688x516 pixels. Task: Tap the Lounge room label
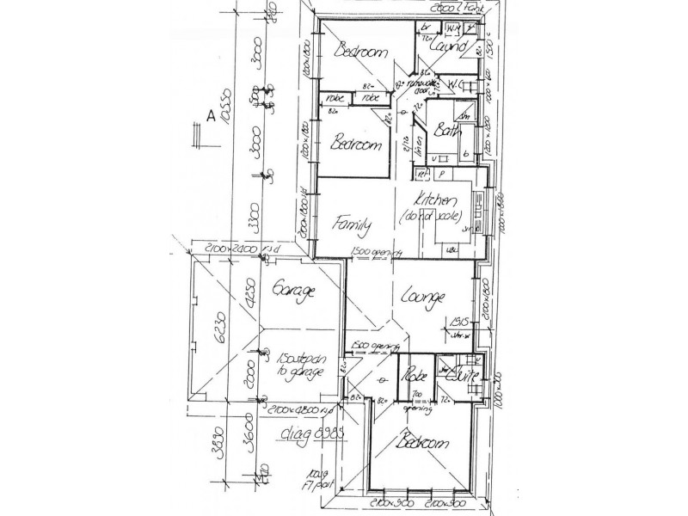click(x=422, y=298)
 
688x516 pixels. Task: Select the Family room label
click(x=353, y=226)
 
